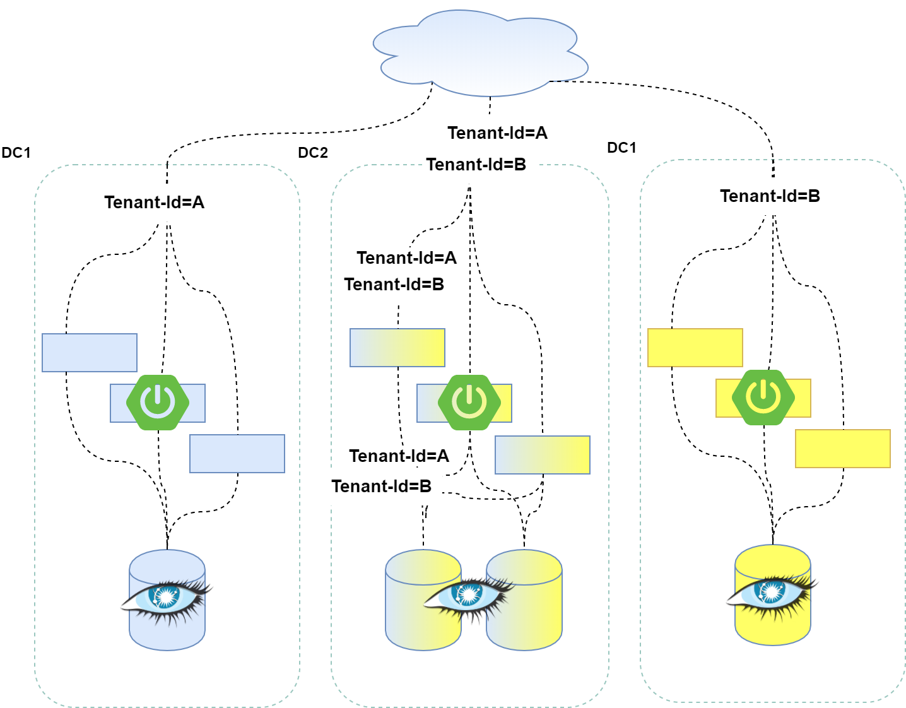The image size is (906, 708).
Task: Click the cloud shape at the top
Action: [x=479, y=54]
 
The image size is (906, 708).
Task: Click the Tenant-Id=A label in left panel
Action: [x=154, y=203]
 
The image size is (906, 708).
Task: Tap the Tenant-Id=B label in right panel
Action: [x=770, y=196]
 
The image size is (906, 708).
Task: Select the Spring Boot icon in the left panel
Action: [x=158, y=402]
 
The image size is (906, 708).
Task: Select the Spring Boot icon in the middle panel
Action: [x=469, y=402]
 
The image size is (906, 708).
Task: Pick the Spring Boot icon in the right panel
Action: [x=763, y=397]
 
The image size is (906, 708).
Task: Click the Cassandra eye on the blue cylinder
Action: [x=165, y=596]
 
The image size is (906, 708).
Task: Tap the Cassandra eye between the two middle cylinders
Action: [x=468, y=594]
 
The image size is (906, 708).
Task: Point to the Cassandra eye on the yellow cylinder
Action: [x=771, y=592]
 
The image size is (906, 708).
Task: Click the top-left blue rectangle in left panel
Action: [x=89, y=353]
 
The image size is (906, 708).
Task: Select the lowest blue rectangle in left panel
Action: [x=237, y=454]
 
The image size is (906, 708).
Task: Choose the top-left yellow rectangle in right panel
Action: [x=695, y=348]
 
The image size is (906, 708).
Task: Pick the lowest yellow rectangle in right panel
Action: [x=842, y=449]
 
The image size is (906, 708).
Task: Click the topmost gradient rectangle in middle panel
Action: [x=397, y=348]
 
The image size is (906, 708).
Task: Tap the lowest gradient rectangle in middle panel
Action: [x=543, y=455]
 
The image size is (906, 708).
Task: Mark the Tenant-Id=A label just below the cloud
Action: [x=498, y=133]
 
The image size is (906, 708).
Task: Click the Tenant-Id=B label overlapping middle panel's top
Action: [x=476, y=165]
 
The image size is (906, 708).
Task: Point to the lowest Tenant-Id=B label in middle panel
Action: [x=382, y=487]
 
